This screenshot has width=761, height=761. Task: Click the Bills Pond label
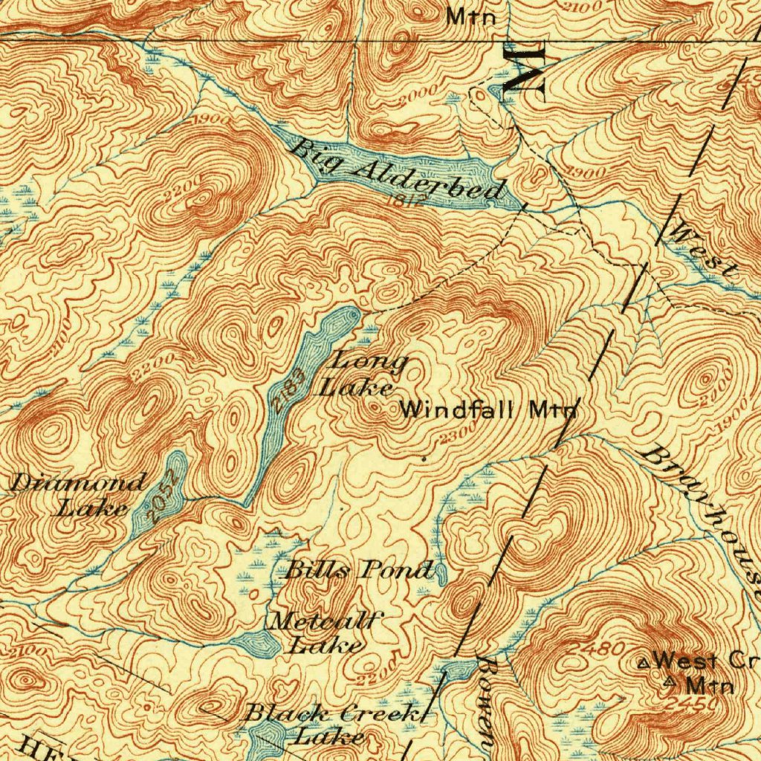pyautogui.click(x=359, y=570)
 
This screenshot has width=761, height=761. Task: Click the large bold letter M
pyautogui.click(x=525, y=68)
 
